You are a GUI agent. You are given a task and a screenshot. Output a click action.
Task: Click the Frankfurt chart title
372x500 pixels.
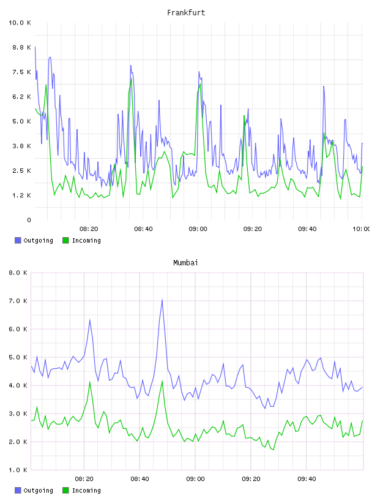pos(186,13)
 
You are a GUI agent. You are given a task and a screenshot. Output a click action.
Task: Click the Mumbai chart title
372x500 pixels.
pos(185,263)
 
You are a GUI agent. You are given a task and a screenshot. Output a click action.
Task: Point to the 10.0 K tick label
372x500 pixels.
pos(20,23)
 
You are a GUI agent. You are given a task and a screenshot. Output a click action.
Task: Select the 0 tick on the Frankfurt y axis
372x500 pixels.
pos(29,220)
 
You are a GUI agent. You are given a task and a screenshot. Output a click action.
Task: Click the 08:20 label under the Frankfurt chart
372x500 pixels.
pos(89,229)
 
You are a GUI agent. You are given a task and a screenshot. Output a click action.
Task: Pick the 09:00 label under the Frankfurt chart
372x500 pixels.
pos(198,229)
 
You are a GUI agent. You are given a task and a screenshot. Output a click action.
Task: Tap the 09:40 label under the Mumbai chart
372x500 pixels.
pos(307,479)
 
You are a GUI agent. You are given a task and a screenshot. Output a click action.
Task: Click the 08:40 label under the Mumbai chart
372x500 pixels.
pos(140,479)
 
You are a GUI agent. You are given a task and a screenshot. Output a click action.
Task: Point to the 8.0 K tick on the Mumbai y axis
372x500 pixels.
pos(18,273)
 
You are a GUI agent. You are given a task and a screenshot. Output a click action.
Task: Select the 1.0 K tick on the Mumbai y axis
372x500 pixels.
pos(18,470)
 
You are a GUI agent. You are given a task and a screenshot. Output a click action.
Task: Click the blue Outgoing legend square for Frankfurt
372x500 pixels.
pos(18,240)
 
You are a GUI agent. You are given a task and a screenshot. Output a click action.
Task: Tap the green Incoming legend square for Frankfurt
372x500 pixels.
pos(65,240)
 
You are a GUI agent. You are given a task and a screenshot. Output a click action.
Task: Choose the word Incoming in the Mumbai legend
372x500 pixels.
pos(86,491)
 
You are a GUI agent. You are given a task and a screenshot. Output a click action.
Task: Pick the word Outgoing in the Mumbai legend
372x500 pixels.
pos(38,491)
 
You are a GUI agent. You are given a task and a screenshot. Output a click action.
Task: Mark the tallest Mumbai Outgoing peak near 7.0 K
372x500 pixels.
pos(162,300)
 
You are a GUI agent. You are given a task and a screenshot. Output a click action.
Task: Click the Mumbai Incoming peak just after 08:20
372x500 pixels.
pos(90,381)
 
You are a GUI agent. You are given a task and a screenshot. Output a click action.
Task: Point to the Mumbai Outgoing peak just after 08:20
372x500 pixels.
pos(90,320)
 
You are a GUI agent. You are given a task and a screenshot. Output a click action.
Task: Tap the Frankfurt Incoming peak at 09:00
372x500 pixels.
pos(200,84)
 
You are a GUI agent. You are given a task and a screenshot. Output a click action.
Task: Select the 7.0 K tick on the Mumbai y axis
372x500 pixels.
pos(18,301)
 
